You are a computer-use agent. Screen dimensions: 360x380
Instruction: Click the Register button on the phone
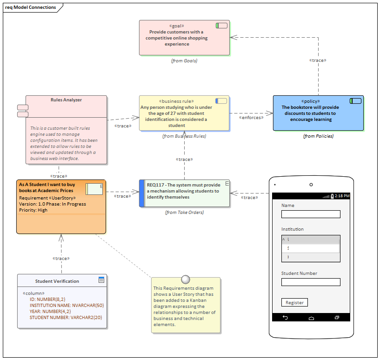294,302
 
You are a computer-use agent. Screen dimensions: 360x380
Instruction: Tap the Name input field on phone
311,214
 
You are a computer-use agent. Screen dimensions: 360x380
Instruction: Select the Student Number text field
311,282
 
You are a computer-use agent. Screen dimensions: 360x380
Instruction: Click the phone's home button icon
311,318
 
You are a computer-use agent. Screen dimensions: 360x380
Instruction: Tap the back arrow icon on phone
285,318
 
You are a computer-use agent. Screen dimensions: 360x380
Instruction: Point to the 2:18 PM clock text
342,196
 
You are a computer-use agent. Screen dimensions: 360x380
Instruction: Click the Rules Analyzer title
66,100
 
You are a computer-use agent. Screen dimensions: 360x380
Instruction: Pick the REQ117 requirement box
185,193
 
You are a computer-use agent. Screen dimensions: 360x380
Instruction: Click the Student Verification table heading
57,281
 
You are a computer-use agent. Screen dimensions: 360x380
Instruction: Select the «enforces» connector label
251,117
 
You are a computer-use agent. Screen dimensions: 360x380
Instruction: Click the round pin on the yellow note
186,280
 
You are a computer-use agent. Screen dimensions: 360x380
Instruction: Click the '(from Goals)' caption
184,60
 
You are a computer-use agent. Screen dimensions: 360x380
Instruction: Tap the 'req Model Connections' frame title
31,7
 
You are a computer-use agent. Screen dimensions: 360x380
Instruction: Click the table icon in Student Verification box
101,280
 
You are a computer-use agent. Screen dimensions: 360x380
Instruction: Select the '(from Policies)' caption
318,136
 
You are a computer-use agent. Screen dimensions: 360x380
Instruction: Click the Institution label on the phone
293,229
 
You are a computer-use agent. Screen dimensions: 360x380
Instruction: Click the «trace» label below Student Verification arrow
61,258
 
